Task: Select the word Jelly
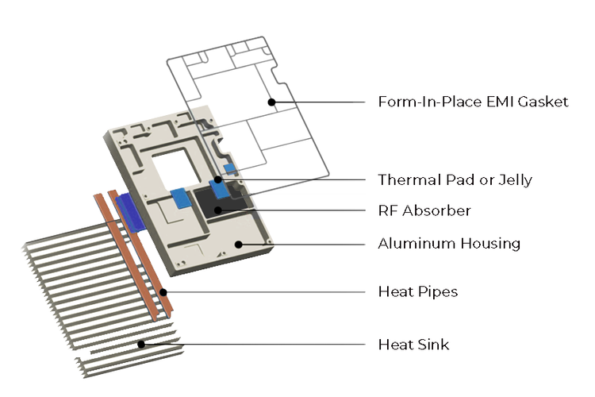pyautogui.click(x=513, y=180)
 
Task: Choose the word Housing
pyautogui.click(x=489, y=243)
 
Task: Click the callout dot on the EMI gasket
pyautogui.click(x=271, y=102)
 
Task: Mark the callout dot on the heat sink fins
pyautogui.click(x=140, y=344)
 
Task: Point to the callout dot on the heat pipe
pyautogui.click(x=162, y=291)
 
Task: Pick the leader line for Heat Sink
pyautogui.click(x=254, y=345)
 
